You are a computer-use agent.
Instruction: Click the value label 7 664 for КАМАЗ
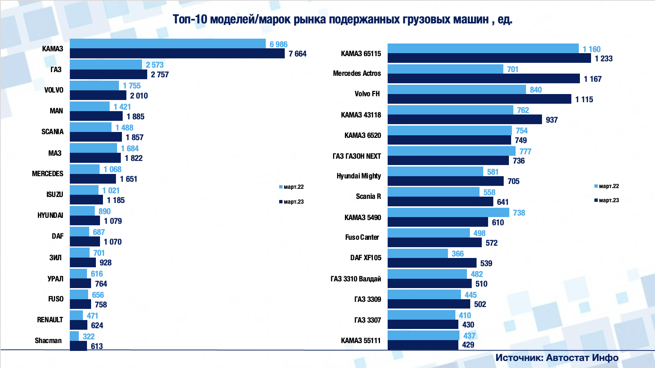tap(297, 54)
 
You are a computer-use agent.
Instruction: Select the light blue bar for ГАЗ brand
tap(106, 65)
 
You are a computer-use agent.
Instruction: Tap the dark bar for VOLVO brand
tap(98, 96)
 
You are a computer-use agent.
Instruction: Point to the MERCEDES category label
tap(48, 174)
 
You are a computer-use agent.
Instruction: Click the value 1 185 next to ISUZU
tap(116, 200)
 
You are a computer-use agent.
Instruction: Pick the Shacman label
tap(48, 340)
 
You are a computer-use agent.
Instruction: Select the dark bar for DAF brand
tap(85, 242)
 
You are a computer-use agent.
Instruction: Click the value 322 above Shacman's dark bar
tap(88, 336)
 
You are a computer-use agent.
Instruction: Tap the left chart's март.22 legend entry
tap(291, 187)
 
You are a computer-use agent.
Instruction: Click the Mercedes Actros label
tap(357, 73)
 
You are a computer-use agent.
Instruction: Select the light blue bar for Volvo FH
tap(456, 90)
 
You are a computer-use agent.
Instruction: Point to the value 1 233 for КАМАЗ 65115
tap(603, 58)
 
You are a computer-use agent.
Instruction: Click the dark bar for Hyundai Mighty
tap(446, 181)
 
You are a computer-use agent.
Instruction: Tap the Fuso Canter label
tap(362, 237)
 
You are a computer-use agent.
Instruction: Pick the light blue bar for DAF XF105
tap(417, 254)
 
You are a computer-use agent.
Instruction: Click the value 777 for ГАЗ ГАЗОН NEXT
tap(525, 151)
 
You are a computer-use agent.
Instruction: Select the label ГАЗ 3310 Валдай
tap(356, 279)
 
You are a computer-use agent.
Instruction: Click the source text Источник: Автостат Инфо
tap(556, 358)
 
